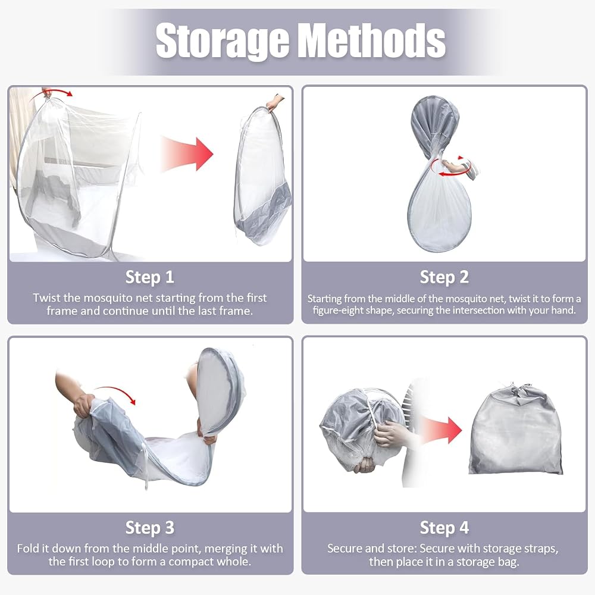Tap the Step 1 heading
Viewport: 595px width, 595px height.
click(149, 277)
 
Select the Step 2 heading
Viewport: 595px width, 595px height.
click(444, 277)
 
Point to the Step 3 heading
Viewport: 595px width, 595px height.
click(149, 528)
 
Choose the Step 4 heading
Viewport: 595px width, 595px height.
click(444, 528)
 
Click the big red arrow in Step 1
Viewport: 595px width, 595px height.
click(187, 154)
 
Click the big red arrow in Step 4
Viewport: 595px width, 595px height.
click(441, 430)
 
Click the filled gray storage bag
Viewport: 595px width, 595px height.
click(516, 431)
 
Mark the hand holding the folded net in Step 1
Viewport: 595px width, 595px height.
click(275, 102)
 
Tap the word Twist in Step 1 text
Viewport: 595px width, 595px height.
click(46, 298)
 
